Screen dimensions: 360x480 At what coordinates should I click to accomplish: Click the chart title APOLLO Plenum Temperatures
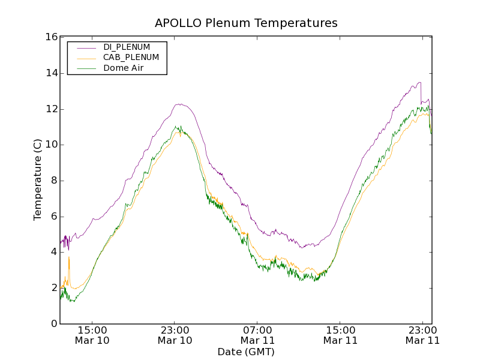pyautogui.click(x=246, y=23)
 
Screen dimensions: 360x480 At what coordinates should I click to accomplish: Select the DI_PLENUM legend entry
pyautogui.click(x=126, y=47)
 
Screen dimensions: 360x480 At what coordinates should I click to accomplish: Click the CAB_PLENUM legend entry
pyautogui.click(x=131, y=58)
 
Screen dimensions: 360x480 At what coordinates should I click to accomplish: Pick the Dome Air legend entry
pyautogui.click(x=123, y=68)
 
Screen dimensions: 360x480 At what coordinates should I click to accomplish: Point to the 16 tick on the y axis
pyautogui.click(x=51, y=37)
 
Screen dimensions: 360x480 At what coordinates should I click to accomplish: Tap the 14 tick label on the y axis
pyautogui.click(x=51, y=73)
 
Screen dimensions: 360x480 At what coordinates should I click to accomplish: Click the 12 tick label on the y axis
pyautogui.click(x=51, y=109)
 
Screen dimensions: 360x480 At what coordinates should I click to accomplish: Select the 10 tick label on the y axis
pyautogui.click(x=51, y=145)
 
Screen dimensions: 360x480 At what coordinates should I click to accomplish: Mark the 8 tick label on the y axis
pyautogui.click(x=53, y=181)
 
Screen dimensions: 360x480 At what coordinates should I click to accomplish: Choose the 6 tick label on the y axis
pyautogui.click(x=53, y=216)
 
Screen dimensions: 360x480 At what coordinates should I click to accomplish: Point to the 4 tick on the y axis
pyautogui.click(x=53, y=252)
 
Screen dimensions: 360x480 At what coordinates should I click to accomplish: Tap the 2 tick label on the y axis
pyautogui.click(x=53, y=288)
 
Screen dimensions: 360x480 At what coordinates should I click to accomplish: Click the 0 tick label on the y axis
pyautogui.click(x=53, y=324)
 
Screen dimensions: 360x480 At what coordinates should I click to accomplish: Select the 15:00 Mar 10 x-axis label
pyautogui.click(x=92, y=335)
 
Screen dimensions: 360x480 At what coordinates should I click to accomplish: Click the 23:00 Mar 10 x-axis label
pyautogui.click(x=175, y=335)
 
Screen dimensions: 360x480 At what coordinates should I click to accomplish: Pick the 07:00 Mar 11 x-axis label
pyautogui.click(x=257, y=335)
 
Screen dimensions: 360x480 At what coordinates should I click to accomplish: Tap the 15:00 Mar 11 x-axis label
pyautogui.click(x=340, y=335)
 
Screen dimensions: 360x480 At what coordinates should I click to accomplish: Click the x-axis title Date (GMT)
pyautogui.click(x=246, y=352)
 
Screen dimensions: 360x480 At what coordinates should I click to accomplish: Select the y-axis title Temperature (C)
pyautogui.click(x=38, y=180)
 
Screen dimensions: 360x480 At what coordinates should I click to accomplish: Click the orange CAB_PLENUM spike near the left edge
pyautogui.click(x=69, y=261)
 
